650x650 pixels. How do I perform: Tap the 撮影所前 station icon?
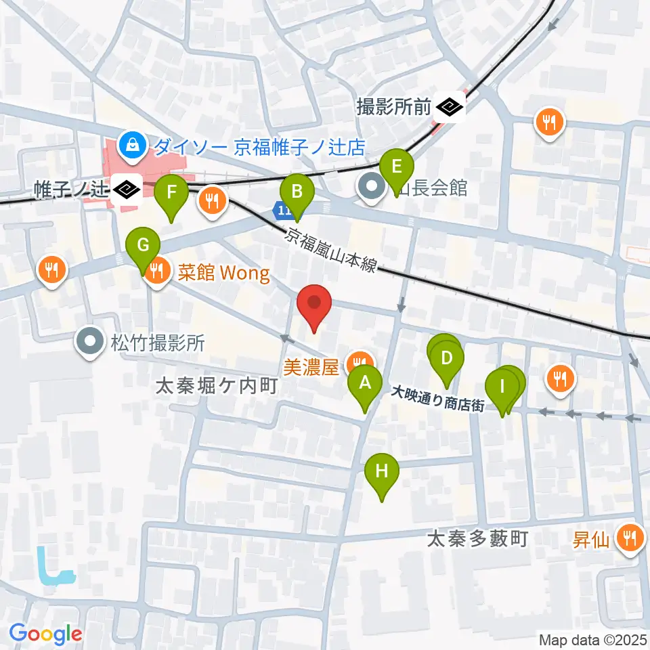pyautogui.click(x=449, y=106)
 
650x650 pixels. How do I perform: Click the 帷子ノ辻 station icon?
pyautogui.click(x=126, y=190)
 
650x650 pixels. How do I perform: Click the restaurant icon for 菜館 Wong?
pyautogui.click(x=157, y=272)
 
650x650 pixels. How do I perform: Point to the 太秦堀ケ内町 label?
pyautogui.click(x=217, y=387)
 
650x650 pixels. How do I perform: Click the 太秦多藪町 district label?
pyautogui.click(x=478, y=539)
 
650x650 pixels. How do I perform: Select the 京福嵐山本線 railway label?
pyautogui.click(x=330, y=250)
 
